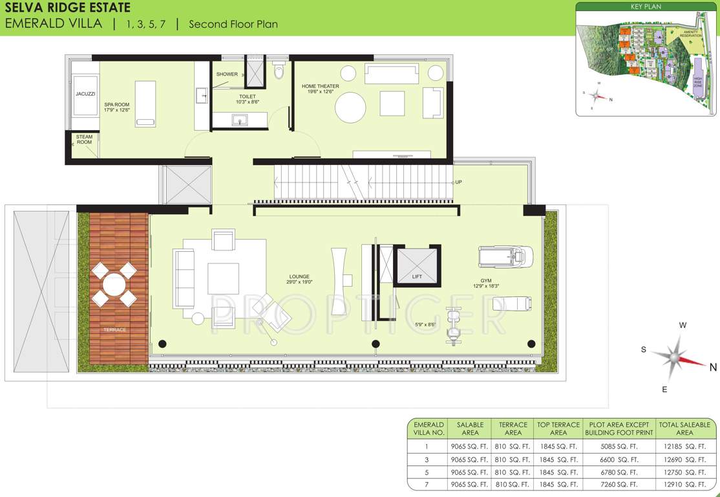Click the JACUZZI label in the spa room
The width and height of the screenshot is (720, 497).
[x=85, y=94]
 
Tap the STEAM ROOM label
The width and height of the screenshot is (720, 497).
[x=85, y=139]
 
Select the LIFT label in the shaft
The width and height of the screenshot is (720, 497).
[x=417, y=276]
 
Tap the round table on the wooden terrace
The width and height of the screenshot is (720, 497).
[x=114, y=284]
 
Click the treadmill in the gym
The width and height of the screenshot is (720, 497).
[x=505, y=256]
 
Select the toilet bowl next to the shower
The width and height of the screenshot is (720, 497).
[x=279, y=71]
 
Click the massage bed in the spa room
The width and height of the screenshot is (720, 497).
[x=145, y=102]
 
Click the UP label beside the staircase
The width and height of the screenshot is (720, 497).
[x=458, y=182]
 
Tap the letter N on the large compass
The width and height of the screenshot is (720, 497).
[x=713, y=367]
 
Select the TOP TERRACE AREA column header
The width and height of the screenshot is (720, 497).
[x=558, y=428]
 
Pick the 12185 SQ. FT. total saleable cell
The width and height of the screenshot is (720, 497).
[x=684, y=447]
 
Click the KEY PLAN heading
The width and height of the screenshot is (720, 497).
[x=646, y=6]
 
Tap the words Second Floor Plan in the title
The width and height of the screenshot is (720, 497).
[x=233, y=24]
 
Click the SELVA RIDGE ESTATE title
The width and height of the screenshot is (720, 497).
[x=67, y=8]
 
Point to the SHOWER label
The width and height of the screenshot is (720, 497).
[x=227, y=74]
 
